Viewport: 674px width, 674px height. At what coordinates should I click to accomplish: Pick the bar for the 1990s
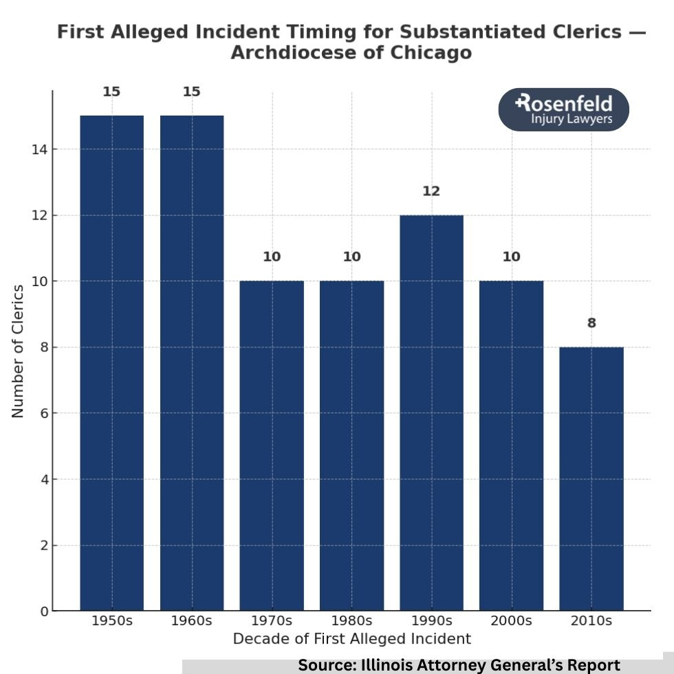pos(431,413)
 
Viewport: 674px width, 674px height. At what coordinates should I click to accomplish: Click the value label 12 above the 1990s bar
pos(431,191)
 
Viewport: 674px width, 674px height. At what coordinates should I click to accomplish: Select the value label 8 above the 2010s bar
pos(591,323)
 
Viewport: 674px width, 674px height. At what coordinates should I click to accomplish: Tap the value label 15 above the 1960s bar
pos(192,91)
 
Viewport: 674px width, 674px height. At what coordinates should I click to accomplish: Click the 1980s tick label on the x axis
pos(351,620)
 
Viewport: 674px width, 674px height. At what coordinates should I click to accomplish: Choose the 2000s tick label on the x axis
pos(511,620)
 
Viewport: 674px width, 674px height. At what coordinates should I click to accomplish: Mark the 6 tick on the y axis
pos(43,413)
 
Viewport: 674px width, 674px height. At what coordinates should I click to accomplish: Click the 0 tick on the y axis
pos(43,611)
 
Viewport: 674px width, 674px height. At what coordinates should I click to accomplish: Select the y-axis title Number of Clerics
pos(18,351)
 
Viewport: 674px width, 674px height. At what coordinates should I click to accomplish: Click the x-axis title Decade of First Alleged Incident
pos(351,639)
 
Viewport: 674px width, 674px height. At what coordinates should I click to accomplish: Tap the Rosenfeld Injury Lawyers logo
pos(563,110)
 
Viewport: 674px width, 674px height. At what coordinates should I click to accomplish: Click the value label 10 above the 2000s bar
pos(511,257)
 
